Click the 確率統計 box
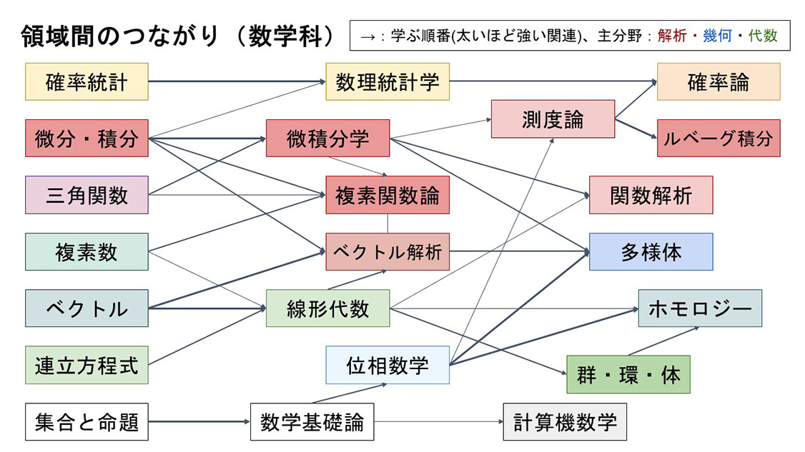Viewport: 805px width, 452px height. pos(87,81)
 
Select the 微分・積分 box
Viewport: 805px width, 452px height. pos(87,138)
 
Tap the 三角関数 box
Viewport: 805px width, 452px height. pos(87,195)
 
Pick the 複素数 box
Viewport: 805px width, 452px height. pos(87,251)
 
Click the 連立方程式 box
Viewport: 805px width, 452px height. pos(87,365)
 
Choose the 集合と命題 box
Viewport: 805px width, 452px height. pos(87,422)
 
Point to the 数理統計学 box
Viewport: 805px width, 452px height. pos(387,81)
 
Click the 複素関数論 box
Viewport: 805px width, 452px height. pos(387,195)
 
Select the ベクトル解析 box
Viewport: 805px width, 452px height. pos(387,251)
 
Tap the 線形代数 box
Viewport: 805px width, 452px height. pos(327,308)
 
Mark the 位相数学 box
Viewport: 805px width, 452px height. pos(387,365)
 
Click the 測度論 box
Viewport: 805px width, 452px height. pos(553,119)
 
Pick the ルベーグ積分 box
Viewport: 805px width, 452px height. pos(718,138)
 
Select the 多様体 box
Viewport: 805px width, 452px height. pos(651,251)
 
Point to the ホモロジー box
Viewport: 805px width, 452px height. pos(700,308)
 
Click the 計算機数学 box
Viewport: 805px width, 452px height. pos(565,422)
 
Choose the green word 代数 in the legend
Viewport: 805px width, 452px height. pos(763,36)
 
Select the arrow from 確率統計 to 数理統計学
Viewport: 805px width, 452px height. pos(236,81)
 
